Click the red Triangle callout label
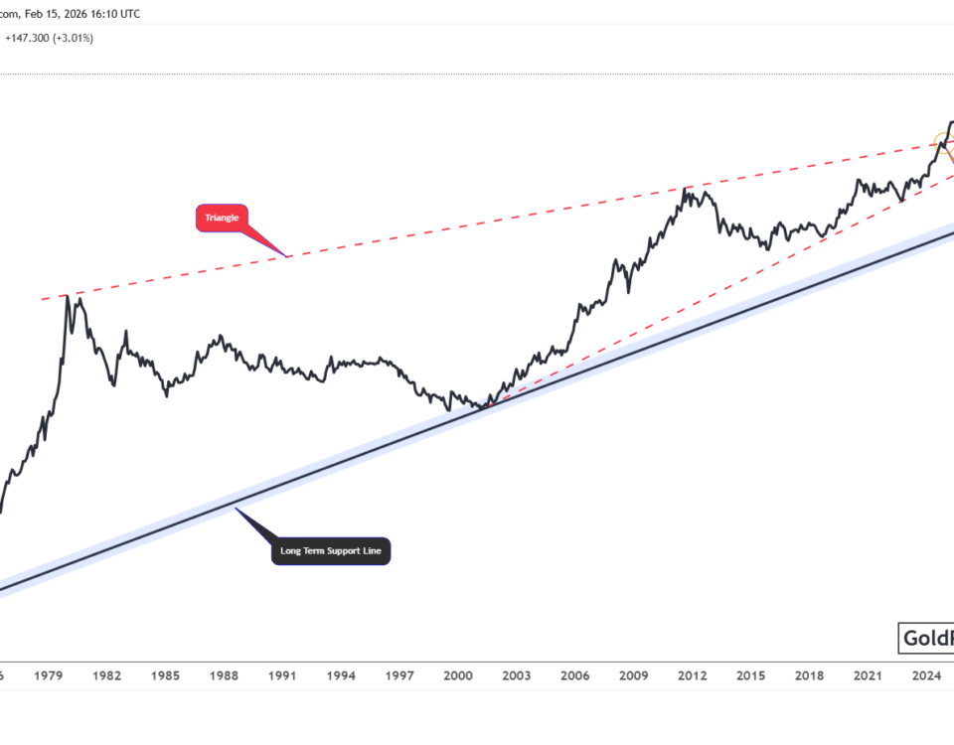(x=222, y=218)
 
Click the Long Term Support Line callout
(x=331, y=550)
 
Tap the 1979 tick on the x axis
(x=48, y=675)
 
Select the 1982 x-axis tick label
(x=106, y=675)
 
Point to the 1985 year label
(x=165, y=675)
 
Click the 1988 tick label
(x=224, y=675)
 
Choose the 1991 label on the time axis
(x=282, y=675)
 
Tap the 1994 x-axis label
(x=341, y=675)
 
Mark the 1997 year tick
(x=399, y=675)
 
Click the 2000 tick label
(x=458, y=675)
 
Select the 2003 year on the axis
(x=517, y=675)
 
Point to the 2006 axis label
(x=575, y=675)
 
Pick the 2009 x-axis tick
(x=634, y=675)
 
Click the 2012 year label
(x=693, y=675)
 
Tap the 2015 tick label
(x=751, y=675)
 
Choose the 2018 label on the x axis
(x=810, y=675)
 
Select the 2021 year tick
(x=869, y=675)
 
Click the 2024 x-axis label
(x=927, y=675)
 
